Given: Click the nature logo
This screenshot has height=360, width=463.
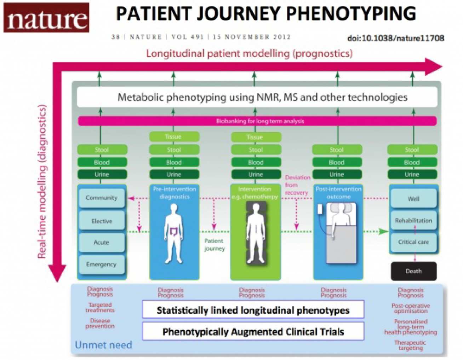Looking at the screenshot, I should click(46, 18).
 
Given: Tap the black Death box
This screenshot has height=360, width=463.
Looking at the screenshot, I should click(413, 271).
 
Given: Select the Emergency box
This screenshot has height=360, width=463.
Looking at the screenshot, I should click(101, 264).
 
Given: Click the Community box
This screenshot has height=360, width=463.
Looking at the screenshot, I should click(101, 198).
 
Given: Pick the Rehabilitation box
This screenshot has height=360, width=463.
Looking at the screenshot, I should click(413, 220).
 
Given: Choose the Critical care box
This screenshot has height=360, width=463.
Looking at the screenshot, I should click(413, 242).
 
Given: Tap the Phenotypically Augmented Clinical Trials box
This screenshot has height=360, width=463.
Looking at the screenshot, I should click(253, 331).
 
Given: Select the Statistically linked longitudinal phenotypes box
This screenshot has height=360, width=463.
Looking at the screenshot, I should click(253, 310).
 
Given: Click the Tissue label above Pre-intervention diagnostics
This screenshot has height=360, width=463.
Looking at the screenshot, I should click(174, 137).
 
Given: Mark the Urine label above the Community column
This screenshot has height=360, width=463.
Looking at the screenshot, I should click(102, 174).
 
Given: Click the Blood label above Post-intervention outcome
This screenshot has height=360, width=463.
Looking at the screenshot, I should click(337, 162).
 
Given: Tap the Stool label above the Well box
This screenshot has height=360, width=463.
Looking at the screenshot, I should click(412, 150).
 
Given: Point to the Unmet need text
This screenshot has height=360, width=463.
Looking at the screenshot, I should click(103, 345).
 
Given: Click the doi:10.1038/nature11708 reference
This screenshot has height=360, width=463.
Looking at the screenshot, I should click(396, 38).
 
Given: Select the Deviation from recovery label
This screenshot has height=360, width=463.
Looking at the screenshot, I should click(297, 185).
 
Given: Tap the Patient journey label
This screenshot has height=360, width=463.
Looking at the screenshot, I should click(214, 245).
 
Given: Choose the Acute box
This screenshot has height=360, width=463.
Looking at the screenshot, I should click(101, 243).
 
